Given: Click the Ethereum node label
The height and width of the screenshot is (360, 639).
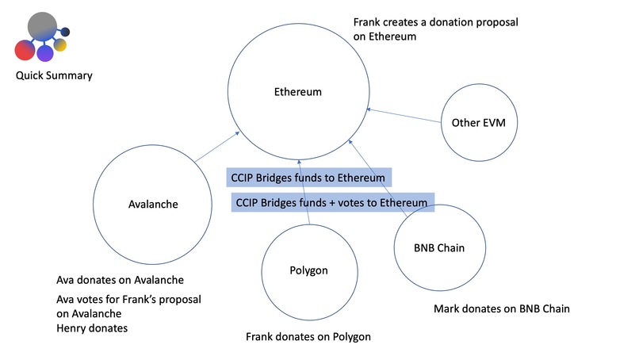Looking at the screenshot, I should [x=293, y=92].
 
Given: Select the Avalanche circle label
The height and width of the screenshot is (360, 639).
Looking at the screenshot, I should [x=153, y=204].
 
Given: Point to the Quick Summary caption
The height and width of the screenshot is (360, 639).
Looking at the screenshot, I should [x=53, y=76].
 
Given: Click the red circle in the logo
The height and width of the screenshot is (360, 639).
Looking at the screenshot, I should [x=24, y=50].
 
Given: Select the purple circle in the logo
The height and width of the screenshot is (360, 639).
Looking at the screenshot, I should [x=45, y=53].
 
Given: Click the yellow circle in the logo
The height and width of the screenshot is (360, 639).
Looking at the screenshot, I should [x=60, y=45].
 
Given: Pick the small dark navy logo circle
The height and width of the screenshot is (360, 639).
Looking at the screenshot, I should [x=66, y=32].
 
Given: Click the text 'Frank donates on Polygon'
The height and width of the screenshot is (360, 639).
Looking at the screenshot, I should [x=308, y=337].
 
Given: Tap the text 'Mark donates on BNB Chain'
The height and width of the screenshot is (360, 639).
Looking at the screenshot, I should [x=502, y=308].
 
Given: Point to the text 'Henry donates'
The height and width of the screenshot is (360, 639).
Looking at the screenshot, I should [x=92, y=327].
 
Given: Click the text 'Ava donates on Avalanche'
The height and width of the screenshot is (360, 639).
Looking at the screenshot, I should [x=120, y=280].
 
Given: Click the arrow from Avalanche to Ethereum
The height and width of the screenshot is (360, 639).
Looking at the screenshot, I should [x=217, y=148].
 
